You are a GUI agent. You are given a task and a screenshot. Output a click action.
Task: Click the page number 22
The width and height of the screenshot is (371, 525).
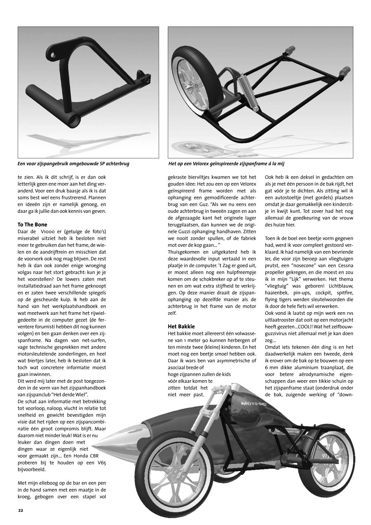20,510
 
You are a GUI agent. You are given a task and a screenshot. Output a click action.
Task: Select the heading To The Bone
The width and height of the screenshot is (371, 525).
32,224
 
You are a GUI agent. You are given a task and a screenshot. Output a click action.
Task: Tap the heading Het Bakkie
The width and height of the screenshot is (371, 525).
181,326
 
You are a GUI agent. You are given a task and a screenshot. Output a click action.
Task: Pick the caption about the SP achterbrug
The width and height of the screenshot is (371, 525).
73,163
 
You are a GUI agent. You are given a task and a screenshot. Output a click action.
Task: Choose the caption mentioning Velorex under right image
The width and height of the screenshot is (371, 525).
229,163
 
